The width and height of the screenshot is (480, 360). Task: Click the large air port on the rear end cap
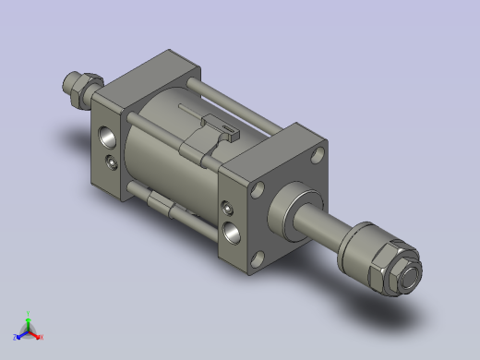tap(106, 136)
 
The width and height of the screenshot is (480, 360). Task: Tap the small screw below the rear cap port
tap(112, 163)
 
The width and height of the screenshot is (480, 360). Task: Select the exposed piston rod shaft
tap(322, 225)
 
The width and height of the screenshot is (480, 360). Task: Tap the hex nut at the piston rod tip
tap(406, 273)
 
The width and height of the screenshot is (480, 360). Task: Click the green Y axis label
tap(30, 313)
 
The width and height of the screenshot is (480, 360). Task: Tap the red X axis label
tap(41, 338)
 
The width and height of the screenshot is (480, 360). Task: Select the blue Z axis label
tap(15, 338)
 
